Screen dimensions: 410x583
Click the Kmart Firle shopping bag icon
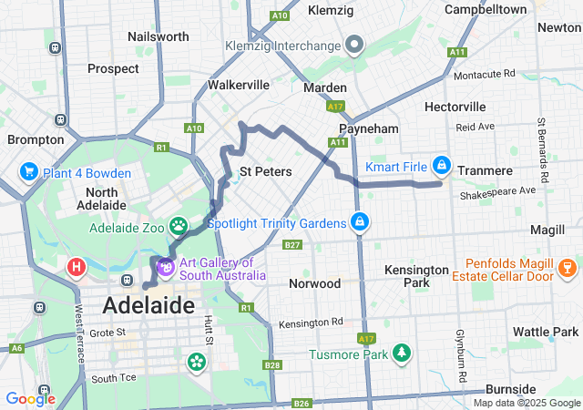click(442, 165)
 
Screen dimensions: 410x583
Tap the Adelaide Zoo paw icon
click(179, 225)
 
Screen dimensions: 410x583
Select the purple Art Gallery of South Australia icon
click(166, 267)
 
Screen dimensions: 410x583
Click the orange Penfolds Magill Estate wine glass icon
click(567, 267)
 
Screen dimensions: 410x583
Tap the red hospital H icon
click(77, 267)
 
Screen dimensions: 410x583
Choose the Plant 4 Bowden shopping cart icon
click(29, 172)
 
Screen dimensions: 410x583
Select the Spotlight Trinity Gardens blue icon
click(361, 222)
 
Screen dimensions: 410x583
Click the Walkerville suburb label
click(239, 85)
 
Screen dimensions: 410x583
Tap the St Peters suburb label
click(265, 171)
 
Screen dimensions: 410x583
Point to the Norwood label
click(314, 283)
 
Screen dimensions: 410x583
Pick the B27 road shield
click(292, 245)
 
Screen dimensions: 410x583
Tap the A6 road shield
click(16, 348)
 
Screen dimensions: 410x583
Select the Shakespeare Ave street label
click(498, 192)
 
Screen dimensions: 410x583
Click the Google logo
click(30, 398)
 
